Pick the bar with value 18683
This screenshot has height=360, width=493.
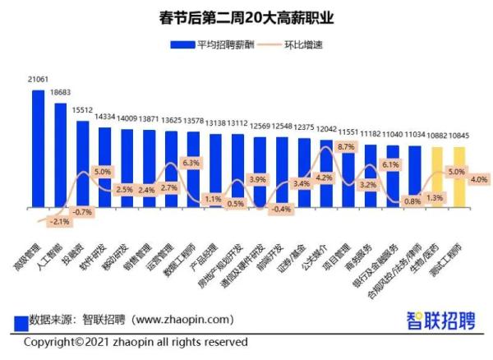coord(61,156)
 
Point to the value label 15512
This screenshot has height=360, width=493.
coord(82,109)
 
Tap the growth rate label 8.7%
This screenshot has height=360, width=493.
coord(346,146)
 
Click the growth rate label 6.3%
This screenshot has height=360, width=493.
coord(191,163)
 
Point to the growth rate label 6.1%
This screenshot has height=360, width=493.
coord(390,165)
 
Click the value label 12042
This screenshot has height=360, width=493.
coord(327,129)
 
